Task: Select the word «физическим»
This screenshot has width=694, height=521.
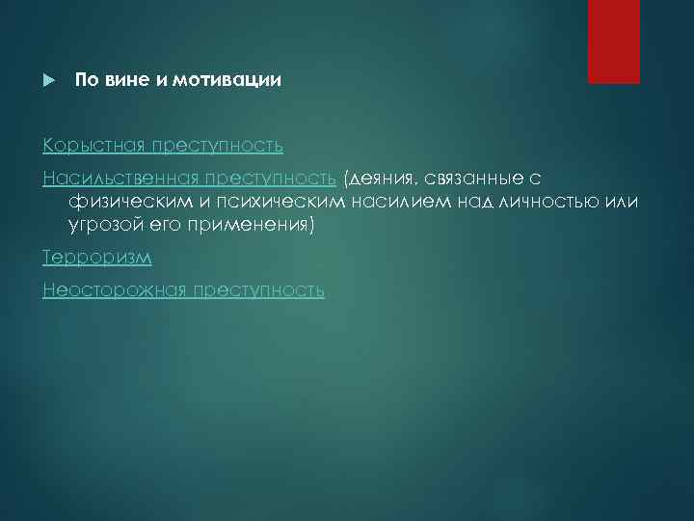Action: tap(123, 201)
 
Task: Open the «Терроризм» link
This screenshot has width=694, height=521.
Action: tap(97, 258)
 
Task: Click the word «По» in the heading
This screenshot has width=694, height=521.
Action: tap(87, 81)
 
